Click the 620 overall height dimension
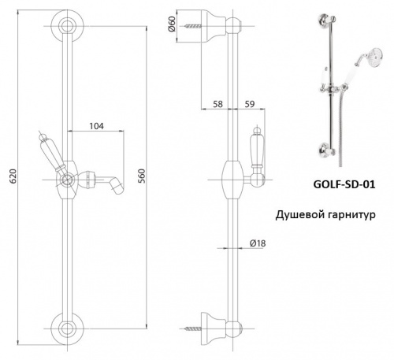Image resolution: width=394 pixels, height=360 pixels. (13, 176)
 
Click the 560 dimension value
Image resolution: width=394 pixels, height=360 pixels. (142, 176)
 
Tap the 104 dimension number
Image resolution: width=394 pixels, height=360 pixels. (97, 126)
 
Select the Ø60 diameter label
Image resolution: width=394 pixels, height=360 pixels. (171, 24)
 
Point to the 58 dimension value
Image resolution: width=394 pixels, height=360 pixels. (217, 104)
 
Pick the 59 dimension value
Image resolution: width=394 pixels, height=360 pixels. (250, 104)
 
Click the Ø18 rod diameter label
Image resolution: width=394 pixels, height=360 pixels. (258, 243)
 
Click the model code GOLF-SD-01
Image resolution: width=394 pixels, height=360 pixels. (344, 184)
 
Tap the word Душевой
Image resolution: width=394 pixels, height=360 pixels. (299, 215)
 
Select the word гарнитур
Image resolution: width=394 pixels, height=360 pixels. (352, 216)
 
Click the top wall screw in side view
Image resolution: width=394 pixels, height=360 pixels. (193, 26)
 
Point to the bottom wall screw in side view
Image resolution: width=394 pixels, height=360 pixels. (193, 328)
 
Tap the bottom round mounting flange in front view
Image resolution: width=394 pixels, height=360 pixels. (68, 328)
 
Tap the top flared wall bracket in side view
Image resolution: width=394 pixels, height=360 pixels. (214, 26)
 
